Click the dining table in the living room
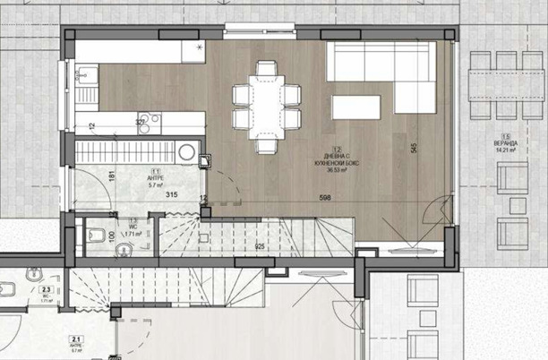266,105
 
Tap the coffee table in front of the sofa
361,107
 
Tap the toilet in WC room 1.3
96,236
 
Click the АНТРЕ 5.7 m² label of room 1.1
157,182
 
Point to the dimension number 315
173,194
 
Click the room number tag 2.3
44,289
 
